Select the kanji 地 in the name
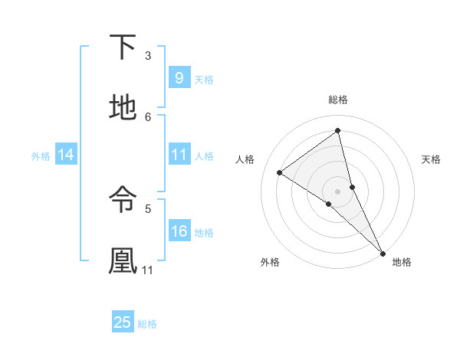[123, 107]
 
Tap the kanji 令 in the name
[123, 199]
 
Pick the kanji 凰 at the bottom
[123, 260]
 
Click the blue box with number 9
[179, 77]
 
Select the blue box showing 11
[179, 155]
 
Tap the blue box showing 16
[179, 231]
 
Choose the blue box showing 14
[66, 155]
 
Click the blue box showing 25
[123, 322]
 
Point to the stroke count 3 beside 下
[148, 55]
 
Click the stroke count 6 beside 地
[148, 116]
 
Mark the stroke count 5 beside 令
[148, 208]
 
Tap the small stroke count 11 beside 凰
[148, 270]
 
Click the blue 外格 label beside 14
[41, 155]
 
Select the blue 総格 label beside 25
[147, 324]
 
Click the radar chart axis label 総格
[337, 100]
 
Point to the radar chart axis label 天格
[431, 159]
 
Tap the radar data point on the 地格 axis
[382, 251]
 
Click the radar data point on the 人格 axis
[280, 172]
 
